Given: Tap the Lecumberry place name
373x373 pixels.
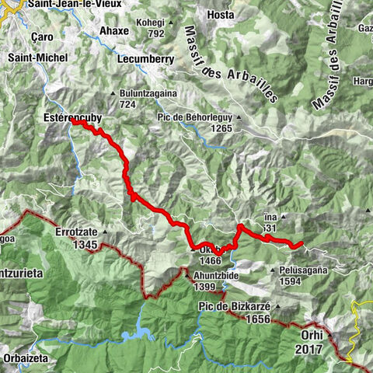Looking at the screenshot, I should pos(144,58).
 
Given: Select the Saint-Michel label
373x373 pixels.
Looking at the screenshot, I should pos(37,58).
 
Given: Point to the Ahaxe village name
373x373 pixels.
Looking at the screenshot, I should pos(114,31).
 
